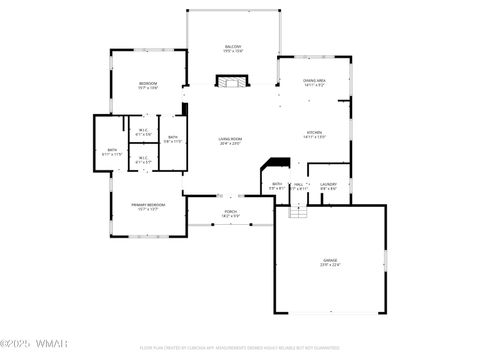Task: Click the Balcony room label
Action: (x=233, y=46)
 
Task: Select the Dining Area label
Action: (x=314, y=80)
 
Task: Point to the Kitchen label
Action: (x=314, y=132)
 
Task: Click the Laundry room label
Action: (x=328, y=184)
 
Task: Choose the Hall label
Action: (x=298, y=184)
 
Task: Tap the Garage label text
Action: (x=329, y=260)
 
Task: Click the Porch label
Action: (x=230, y=212)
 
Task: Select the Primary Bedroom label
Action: (x=147, y=204)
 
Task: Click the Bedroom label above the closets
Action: (x=147, y=82)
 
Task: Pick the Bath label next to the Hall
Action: (x=276, y=184)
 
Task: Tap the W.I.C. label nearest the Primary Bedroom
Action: (x=143, y=157)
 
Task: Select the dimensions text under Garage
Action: (x=329, y=265)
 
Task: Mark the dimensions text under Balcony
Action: (x=233, y=51)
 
